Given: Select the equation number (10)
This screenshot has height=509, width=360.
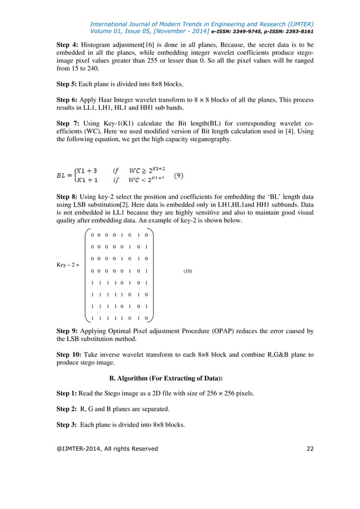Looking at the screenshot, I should (x=188, y=271).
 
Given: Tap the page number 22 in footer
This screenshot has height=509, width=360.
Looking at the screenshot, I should (x=309, y=449).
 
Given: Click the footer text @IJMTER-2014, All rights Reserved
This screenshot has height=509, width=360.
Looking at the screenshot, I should (x=107, y=449).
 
